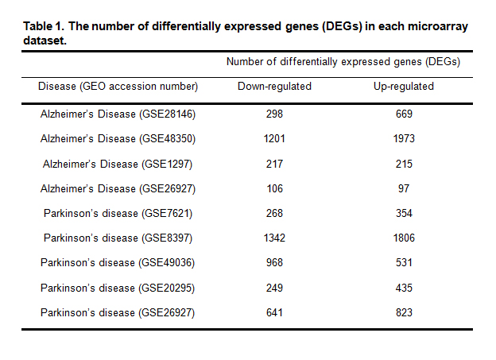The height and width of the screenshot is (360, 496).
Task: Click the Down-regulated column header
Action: [x=274, y=86]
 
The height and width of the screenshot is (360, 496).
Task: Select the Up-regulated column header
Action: [x=404, y=86]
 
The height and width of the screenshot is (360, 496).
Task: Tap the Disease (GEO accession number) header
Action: [x=118, y=86]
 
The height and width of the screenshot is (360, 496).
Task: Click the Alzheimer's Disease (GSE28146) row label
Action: [x=118, y=114]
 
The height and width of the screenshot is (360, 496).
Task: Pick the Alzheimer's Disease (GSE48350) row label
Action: [x=118, y=139]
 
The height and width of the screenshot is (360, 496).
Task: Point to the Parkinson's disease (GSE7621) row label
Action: [x=118, y=213]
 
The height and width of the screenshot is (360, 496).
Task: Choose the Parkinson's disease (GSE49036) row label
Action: [x=118, y=263]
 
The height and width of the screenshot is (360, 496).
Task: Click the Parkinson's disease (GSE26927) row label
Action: [x=118, y=312]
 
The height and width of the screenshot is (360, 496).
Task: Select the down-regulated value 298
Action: [x=274, y=114]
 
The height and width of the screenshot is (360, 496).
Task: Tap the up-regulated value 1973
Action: [x=404, y=139]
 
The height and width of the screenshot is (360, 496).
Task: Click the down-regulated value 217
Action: [x=274, y=164]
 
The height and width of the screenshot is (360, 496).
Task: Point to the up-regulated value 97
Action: [x=404, y=188]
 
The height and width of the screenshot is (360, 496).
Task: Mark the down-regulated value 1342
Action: [x=274, y=238]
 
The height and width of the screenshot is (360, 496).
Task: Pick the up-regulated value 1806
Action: [x=404, y=238]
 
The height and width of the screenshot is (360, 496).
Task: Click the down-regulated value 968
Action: [x=274, y=263]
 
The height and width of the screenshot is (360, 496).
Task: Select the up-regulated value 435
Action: [x=404, y=288]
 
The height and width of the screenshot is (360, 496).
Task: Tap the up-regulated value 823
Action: [x=404, y=312]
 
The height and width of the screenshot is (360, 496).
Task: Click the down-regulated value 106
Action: [x=274, y=188]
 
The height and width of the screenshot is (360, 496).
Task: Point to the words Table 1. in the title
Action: [x=45, y=27]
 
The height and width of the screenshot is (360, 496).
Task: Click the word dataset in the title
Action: [x=43, y=40]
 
